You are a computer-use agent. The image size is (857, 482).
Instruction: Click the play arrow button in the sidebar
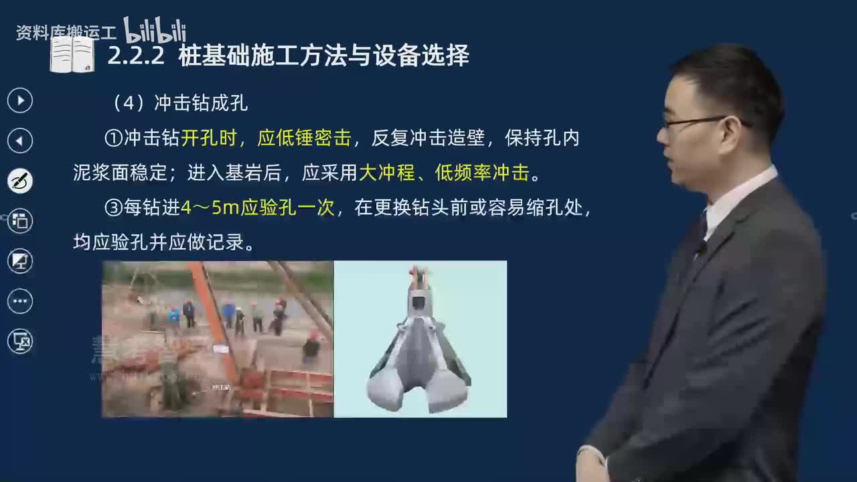pyautogui.click(x=20, y=100)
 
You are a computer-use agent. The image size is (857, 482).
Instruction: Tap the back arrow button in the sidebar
pyautogui.click(x=20, y=141)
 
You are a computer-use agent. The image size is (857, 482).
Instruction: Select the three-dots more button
pyautogui.click(x=20, y=301)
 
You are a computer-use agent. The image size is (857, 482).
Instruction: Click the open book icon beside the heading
pyautogui.click(x=72, y=55)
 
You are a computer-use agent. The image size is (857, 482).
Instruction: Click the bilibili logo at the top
pyautogui.click(x=155, y=29)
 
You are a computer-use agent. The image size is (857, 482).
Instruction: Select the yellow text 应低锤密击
pyautogui.click(x=305, y=139)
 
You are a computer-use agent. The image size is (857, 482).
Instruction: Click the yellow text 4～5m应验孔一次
pyautogui.click(x=258, y=208)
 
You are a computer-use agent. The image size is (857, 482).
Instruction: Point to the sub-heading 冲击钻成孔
pyautogui.click(x=201, y=103)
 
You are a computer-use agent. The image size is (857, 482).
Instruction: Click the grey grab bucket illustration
pyautogui.click(x=419, y=348)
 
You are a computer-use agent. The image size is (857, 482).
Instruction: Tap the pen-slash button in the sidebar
pyautogui.click(x=20, y=181)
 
